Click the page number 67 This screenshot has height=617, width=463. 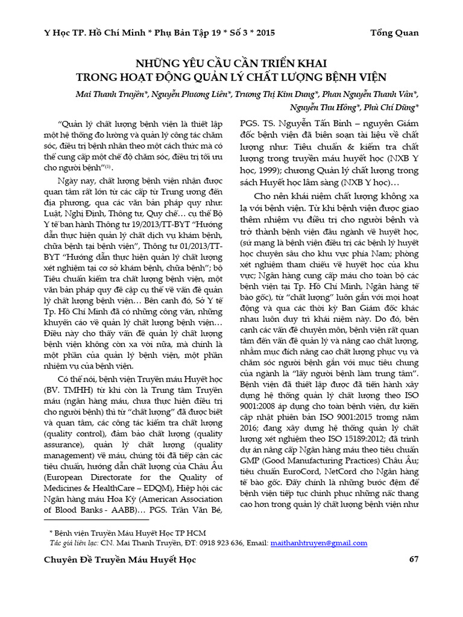[x=414, y=560]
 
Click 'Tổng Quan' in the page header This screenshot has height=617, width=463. [x=395, y=33]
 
